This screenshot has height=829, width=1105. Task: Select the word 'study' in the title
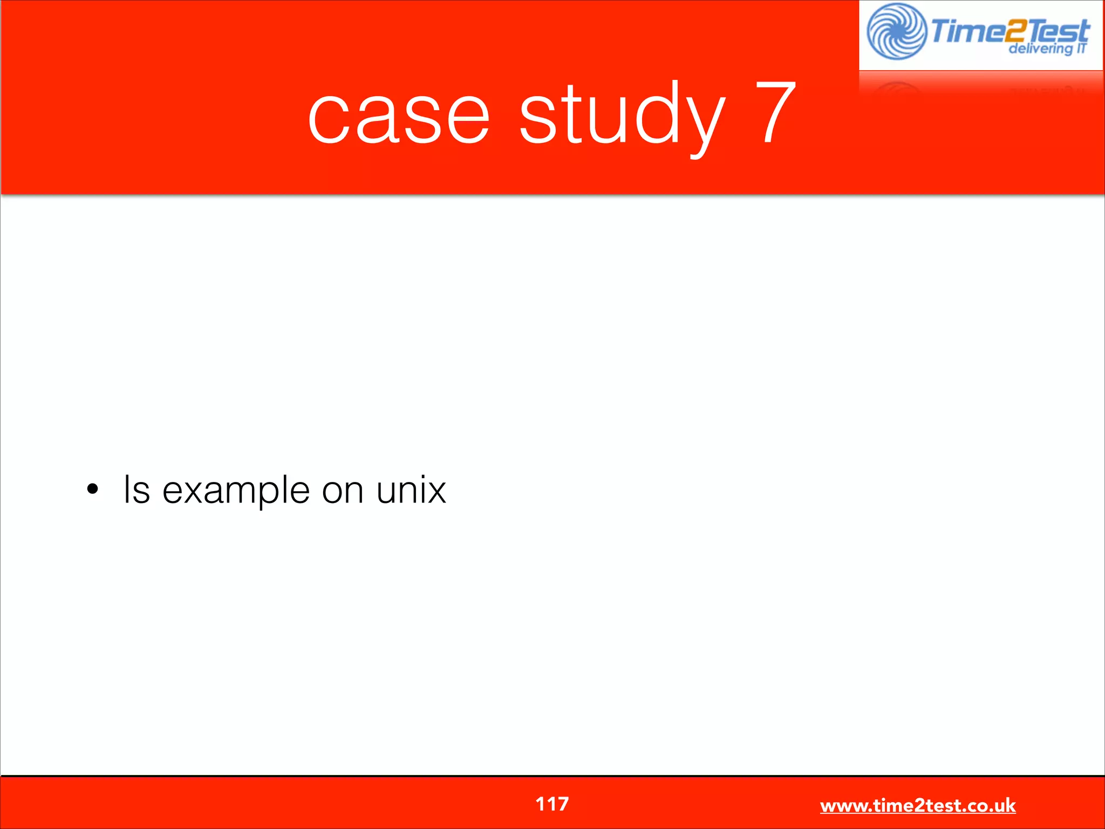pyautogui.click(x=622, y=113)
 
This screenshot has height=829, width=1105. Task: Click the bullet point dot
pyautogui.click(x=93, y=489)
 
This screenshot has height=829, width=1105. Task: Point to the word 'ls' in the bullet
pyautogui.click(x=137, y=489)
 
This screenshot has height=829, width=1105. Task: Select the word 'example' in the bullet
pyautogui.click(x=236, y=491)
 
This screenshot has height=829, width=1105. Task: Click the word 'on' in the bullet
pyautogui.click(x=343, y=491)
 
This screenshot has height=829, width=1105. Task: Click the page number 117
pyautogui.click(x=551, y=804)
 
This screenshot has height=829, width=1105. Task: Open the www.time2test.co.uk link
pyautogui.click(x=917, y=805)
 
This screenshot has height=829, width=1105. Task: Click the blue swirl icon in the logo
pyautogui.click(x=896, y=31)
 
